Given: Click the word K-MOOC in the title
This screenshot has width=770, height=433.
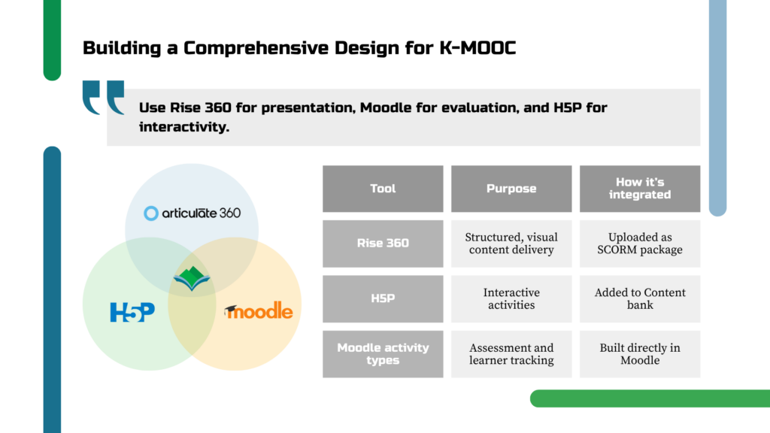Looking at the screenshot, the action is pos(477,48).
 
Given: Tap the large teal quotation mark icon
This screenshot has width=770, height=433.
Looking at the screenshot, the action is pos(103,97).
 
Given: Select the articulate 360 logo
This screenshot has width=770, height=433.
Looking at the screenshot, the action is pos(192,213).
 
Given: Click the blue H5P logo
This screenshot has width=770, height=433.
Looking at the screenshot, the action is pos(132,312).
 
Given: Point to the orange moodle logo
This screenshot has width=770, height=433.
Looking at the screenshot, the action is pos(259,310).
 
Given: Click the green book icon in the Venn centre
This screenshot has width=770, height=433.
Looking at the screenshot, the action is pos(192,278).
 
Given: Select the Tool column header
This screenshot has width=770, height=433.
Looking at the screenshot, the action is pos(383,189).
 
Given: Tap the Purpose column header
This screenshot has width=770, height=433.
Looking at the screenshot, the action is pos(511,189).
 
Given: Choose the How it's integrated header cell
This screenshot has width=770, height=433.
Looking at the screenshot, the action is pos(640,189).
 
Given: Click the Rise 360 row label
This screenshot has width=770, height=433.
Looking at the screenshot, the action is pos(383,244).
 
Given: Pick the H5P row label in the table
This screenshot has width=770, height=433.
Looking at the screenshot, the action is pos(383,298).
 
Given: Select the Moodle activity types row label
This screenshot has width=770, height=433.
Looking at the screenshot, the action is pos(383,354).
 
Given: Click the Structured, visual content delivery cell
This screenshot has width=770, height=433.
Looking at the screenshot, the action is pos(511,244).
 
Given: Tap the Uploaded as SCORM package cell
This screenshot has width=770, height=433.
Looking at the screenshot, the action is pos(640,244).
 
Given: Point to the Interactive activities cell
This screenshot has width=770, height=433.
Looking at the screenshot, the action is pos(511,298).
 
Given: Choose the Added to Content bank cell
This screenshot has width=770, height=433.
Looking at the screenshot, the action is pos(640,298).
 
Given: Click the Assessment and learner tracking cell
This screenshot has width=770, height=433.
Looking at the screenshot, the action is pos(511,354).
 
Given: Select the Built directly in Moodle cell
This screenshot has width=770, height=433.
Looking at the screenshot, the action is pos(640,354).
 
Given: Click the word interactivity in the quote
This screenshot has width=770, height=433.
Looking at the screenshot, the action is pos(184,126).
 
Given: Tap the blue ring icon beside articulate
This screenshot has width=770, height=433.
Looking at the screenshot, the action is pos(150,213).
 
